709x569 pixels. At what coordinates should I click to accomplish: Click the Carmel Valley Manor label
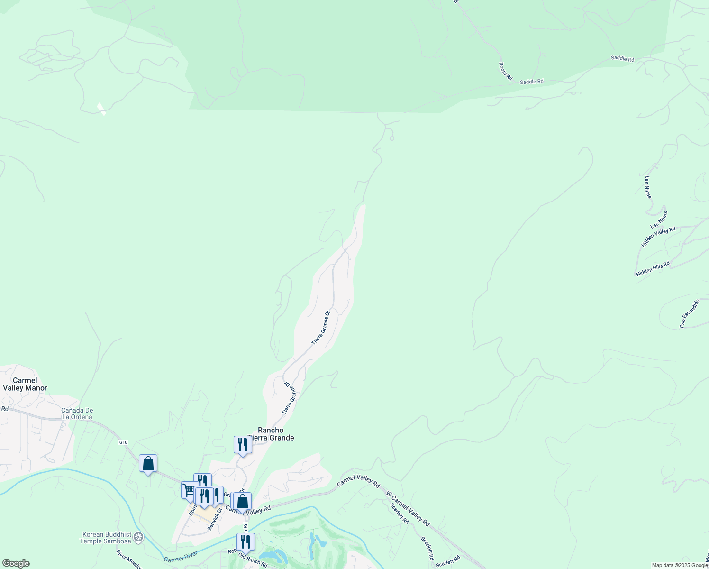25,384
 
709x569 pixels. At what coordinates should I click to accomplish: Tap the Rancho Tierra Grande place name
271,434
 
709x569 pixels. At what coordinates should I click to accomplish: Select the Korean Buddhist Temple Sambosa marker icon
138,537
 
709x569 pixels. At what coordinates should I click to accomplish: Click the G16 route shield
123,442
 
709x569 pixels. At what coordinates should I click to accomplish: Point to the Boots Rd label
506,71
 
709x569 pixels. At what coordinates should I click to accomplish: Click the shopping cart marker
190,489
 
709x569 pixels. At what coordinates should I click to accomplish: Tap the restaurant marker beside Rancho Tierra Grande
242,445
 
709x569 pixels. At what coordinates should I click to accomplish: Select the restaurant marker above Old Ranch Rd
245,541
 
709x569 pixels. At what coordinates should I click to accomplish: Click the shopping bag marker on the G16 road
148,463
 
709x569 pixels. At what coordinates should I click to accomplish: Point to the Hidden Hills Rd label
653,269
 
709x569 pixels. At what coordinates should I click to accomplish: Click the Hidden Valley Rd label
658,236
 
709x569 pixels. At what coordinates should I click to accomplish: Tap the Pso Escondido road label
690,313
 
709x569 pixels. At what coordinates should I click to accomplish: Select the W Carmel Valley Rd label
408,509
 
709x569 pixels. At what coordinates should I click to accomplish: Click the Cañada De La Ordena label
77,413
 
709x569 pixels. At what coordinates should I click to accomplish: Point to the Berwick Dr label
215,519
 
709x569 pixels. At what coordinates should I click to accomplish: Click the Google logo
16,563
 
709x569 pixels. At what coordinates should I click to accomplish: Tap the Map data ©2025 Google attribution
680,565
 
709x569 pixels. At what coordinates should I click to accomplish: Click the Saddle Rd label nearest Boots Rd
531,82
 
